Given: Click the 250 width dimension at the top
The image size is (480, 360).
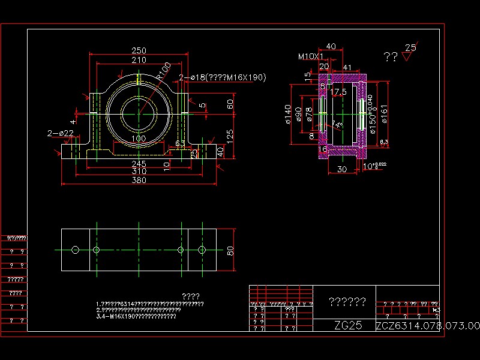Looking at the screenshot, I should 139,50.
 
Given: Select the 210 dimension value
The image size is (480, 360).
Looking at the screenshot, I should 139,59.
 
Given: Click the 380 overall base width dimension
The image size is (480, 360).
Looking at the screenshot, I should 139,180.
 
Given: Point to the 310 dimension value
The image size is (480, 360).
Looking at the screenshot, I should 139,172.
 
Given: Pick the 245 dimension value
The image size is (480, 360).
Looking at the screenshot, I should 139,163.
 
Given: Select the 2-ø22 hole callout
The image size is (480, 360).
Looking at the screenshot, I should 61,133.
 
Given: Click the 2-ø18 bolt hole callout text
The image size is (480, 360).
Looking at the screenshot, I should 223,77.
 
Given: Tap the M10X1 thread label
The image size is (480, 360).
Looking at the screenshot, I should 310,56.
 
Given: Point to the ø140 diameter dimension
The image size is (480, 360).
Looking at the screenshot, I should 289,114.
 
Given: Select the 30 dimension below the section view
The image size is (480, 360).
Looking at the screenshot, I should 341,170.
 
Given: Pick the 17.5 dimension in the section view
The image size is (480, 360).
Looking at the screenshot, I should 339,92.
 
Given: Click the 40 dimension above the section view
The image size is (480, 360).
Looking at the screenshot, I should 331,46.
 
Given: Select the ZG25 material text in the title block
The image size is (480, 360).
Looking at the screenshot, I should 348,326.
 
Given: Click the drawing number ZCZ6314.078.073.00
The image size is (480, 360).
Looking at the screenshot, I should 428,326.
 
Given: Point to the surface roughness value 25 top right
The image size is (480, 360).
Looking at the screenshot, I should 411,47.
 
